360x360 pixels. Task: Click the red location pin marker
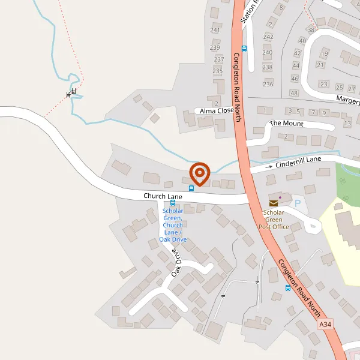coord(199,173)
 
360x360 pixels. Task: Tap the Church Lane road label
coord(163,196)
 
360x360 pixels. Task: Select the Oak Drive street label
coord(176,263)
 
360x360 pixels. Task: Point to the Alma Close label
coord(217,111)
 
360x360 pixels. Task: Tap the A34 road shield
coord(325,325)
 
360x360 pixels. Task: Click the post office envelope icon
coord(274,203)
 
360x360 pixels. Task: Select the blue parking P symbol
coord(297,204)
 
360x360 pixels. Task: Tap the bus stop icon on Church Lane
coord(191,188)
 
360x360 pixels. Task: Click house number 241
coord(215,30)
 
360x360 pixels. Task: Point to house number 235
coord(218,71)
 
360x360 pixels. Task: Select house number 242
coord(268,37)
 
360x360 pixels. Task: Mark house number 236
coord(268,84)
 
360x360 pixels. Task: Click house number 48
coord(294,93)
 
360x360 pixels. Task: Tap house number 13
coord(347,124)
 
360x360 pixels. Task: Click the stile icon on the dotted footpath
coord(71,93)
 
